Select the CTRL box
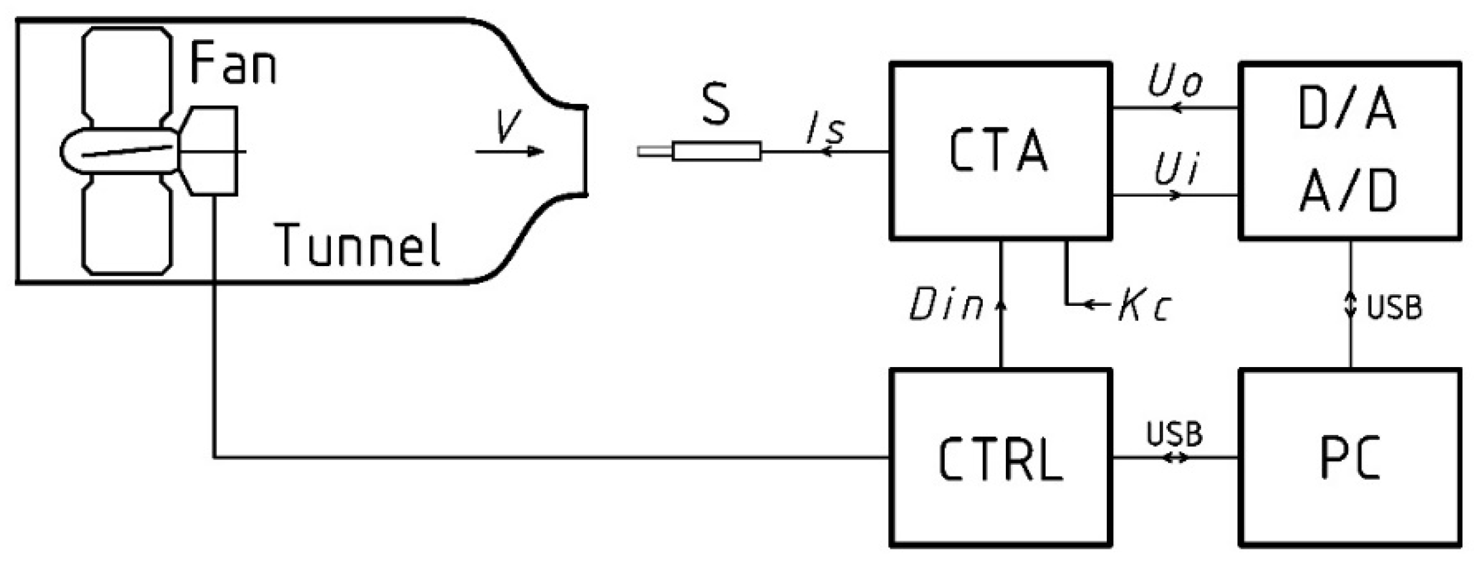tap(1000, 458)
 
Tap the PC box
tap(1350, 458)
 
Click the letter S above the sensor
tap(715, 104)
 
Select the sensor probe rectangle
tap(717, 151)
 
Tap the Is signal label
tap(826, 130)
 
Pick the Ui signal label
tap(1175, 170)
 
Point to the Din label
tap(945, 305)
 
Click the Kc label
tap(1144, 305)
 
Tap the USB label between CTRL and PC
tap(1174, 434)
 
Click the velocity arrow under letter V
tap(511, 151)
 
